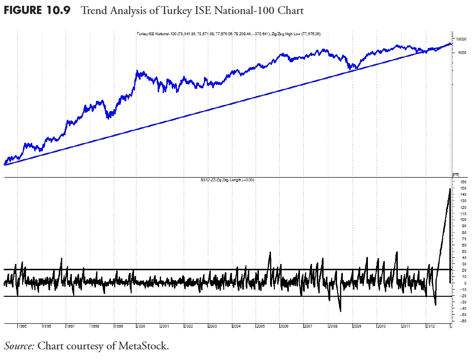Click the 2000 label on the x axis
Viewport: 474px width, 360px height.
click(x=141, y=326)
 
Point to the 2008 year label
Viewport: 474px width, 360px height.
click(x=333, y=326)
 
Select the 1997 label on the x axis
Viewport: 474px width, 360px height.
click(x=70, y=326)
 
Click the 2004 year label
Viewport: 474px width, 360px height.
click(x=236, y=326)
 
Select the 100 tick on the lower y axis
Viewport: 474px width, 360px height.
click(x=462, y=220)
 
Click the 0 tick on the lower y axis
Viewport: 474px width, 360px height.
click(x=463, y=283)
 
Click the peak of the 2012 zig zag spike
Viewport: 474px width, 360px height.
click(x=450, y=189)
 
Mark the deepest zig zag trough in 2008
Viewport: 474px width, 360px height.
click(x=340, y=311)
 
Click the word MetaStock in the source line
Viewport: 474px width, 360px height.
click(x=144, y=346)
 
